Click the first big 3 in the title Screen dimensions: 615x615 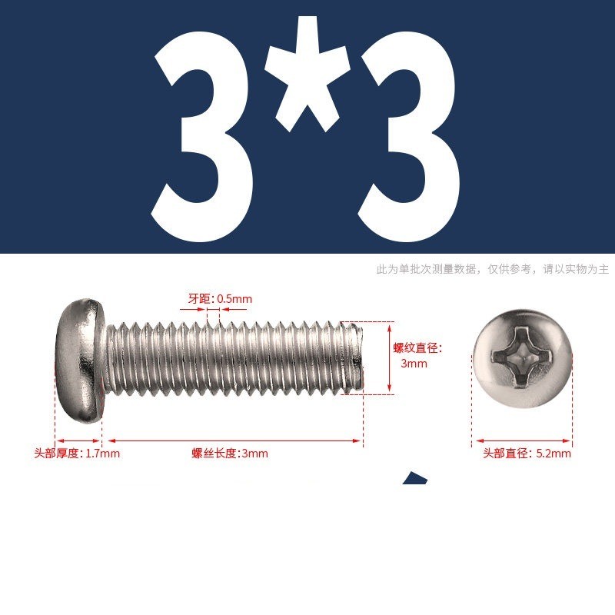coord(201,137)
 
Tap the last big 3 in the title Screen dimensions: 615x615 coord(409,137)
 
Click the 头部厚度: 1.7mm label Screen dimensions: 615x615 coord(77,454)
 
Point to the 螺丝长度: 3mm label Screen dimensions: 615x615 coord(230,454)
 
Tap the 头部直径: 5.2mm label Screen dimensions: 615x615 coord(527,454)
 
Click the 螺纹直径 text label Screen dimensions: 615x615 coord(417,348)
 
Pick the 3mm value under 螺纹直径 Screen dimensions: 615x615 coord(414,364)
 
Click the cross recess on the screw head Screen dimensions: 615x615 coord(522,356)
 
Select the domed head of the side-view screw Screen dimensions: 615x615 coord(80,361)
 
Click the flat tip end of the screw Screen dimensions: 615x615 coord(359,357)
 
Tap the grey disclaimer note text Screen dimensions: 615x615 coord(493,269)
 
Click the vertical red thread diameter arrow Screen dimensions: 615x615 coord(390,357)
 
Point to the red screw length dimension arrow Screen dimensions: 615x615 coord(234,440)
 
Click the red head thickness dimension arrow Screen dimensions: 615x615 coord(78,440)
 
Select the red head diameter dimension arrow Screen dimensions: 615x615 coord(523,440)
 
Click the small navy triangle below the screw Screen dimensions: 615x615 coord(415,477)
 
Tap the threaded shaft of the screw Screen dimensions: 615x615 coord(234,357)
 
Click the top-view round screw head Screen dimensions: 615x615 coord(522,357)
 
